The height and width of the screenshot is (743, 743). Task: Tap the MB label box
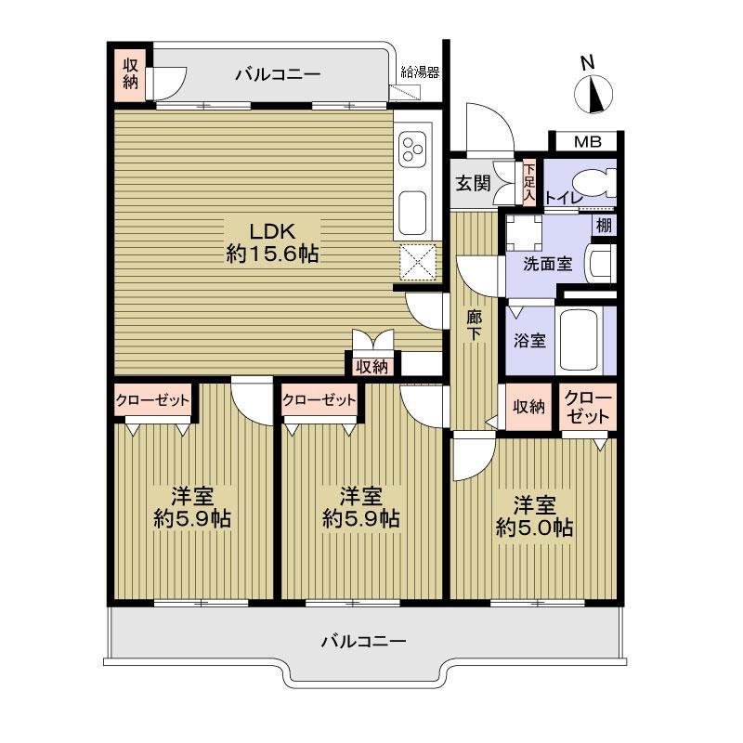coord(586,142)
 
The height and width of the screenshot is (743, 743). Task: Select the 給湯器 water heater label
coord(419,72)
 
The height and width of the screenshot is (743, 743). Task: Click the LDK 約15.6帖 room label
coord(272,241)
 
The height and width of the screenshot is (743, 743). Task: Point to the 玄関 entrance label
coord(473,183)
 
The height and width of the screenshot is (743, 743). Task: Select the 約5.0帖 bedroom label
coord(535,516)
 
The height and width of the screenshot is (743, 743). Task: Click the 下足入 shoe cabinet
coord(528,182)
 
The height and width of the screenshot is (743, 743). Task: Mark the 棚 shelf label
coord(604,224)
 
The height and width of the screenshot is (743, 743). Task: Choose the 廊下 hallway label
coord(474,325)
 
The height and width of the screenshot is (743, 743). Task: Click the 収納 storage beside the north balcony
coord(129,75)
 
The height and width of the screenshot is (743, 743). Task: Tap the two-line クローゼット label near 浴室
coord(587,408)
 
